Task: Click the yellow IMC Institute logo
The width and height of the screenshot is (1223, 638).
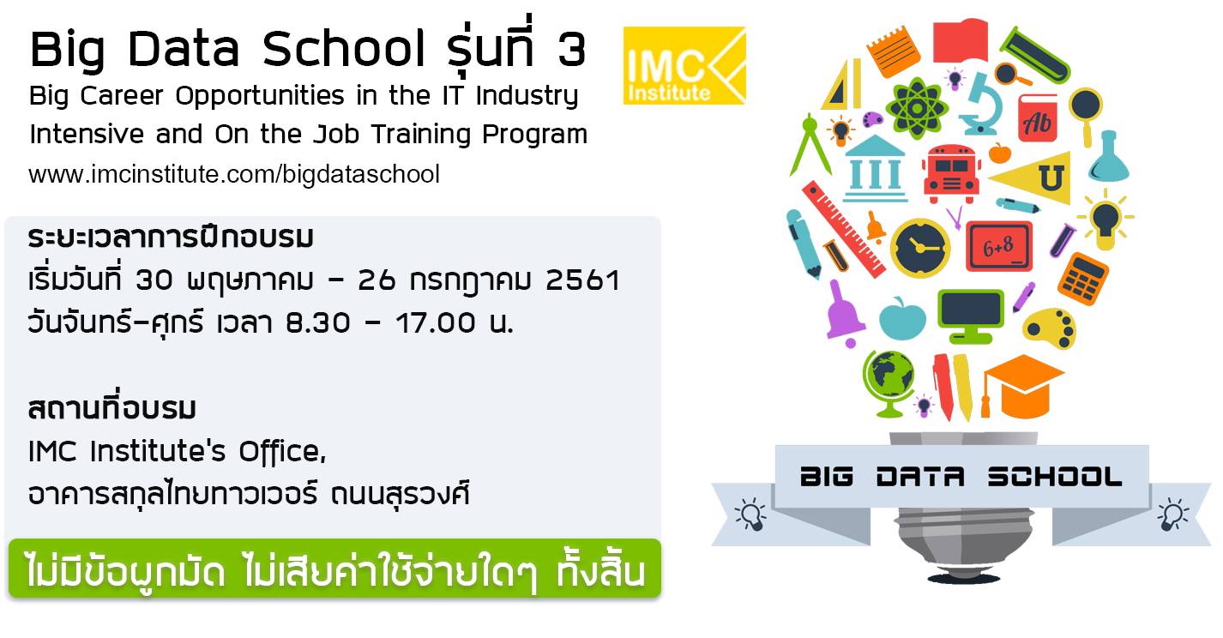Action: pyautogui.click(x=684, y=65)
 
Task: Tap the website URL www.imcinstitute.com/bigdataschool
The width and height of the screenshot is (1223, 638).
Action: pyautogui.click(x=233, y=175)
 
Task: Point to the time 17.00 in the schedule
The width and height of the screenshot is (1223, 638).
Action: pyautogui.click(x=436, y=322)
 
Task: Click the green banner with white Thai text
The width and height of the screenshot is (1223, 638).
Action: pyautogui.click(x=334, y=569)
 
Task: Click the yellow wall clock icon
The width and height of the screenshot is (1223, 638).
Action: pyautogui.click(x=920, y=249)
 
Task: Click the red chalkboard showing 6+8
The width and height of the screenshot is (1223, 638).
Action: pyautogui.click(x=998, y=246)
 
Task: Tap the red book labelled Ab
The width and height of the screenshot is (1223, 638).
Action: pyautogui.click(x=1038, y=119)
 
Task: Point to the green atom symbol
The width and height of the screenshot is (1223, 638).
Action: pyautogui.click(x=917, y=108)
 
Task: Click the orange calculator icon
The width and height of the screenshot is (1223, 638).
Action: pyautogui.click(x=1082, y=279)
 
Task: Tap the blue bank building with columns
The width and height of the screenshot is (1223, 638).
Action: pyautogui.click(x=875, y=169)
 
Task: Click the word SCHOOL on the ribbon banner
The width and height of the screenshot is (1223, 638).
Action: pyautogui.click(x=1054, y=477)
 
